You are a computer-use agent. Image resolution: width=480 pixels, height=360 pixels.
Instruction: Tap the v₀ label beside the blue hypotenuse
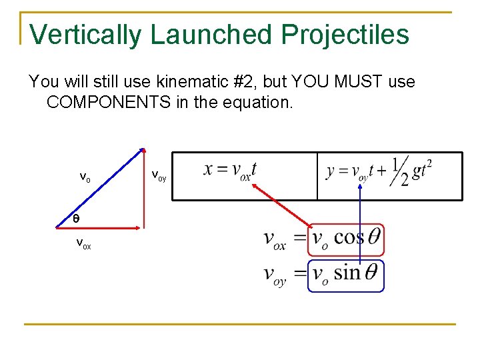click(x=85, y=177)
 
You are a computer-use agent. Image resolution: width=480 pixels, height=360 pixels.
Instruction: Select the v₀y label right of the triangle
click(x=159, y=176)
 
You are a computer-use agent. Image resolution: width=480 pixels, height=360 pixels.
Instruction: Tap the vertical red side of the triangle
click(x=142, y=189)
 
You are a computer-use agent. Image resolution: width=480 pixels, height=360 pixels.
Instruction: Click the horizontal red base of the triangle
click(x=107, y=228)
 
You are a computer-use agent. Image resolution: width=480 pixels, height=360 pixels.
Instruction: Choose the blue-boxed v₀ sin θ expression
click(x=346, y=275)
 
